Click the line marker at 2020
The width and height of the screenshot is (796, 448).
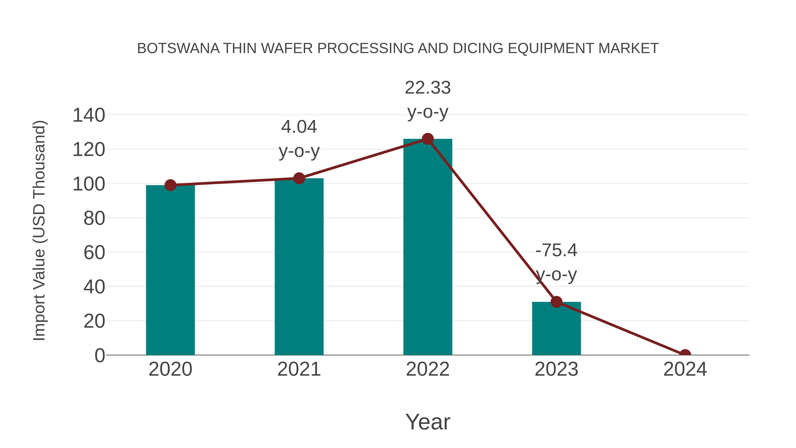(170, 185)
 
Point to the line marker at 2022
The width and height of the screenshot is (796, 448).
(428, 139)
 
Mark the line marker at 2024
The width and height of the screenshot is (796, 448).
(685, 354)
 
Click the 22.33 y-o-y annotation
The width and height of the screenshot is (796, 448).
(428, 100)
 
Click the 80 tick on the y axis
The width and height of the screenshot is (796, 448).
(94, 218)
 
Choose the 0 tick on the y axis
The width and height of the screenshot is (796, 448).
(99, 355)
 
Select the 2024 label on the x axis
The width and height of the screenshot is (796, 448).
(685, 369)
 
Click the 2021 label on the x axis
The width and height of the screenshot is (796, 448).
(299, 369)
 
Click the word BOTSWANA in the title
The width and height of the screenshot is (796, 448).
(178, 48)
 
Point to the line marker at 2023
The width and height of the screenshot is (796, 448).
(556, 302)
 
